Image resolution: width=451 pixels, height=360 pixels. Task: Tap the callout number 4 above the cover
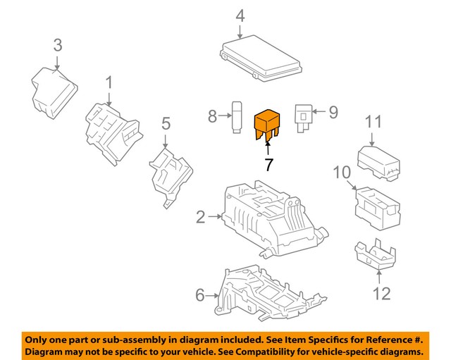[240, 15]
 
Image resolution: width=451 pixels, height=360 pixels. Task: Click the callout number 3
[58, 45]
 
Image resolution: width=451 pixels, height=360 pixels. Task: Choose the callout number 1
[109, 84]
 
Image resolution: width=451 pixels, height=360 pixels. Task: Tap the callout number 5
[166, 124]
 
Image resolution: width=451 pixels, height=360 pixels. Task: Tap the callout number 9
[333, 111]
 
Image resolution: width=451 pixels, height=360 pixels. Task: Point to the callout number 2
[200, 218]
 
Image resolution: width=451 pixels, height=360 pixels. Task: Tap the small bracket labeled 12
[376, 255]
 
